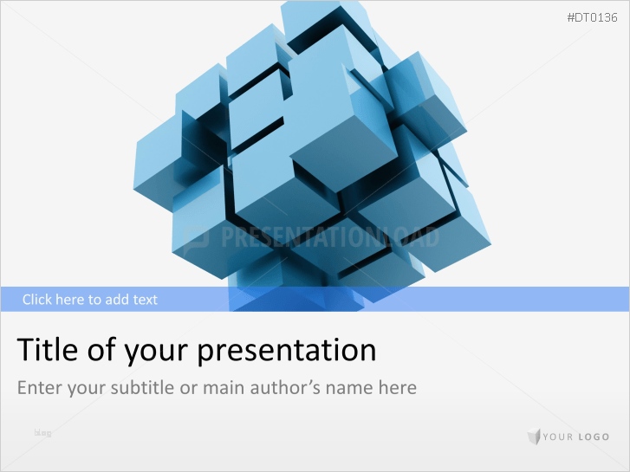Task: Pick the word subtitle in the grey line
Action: tap(143, 387)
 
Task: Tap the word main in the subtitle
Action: tap(225, 387)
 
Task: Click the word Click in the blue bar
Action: tap(38, 300)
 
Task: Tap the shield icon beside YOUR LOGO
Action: tap(533, 436)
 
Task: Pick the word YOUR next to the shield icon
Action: tap(558, 437)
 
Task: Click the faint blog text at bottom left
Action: tap(42, 432)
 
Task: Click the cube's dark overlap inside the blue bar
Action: tap(286, 299)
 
